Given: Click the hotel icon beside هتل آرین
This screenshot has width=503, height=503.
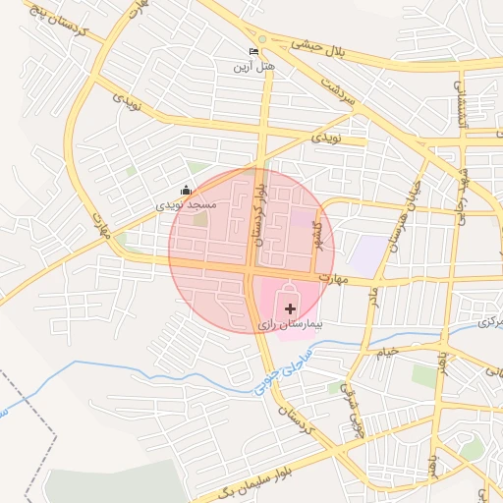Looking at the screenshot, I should click(x=254, y=52).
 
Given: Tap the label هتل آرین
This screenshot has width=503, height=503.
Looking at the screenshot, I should click(x=249, y=67).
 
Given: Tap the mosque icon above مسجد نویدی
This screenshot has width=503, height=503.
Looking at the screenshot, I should click(x=187, y=191).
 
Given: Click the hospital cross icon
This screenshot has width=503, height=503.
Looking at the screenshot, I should click(x=290, y=308).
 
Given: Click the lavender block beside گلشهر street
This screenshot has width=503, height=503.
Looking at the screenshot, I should click(x=368, y=254).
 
